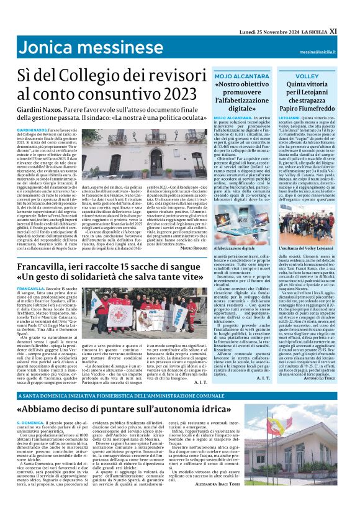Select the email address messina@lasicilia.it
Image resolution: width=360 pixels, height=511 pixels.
(331, 53)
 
